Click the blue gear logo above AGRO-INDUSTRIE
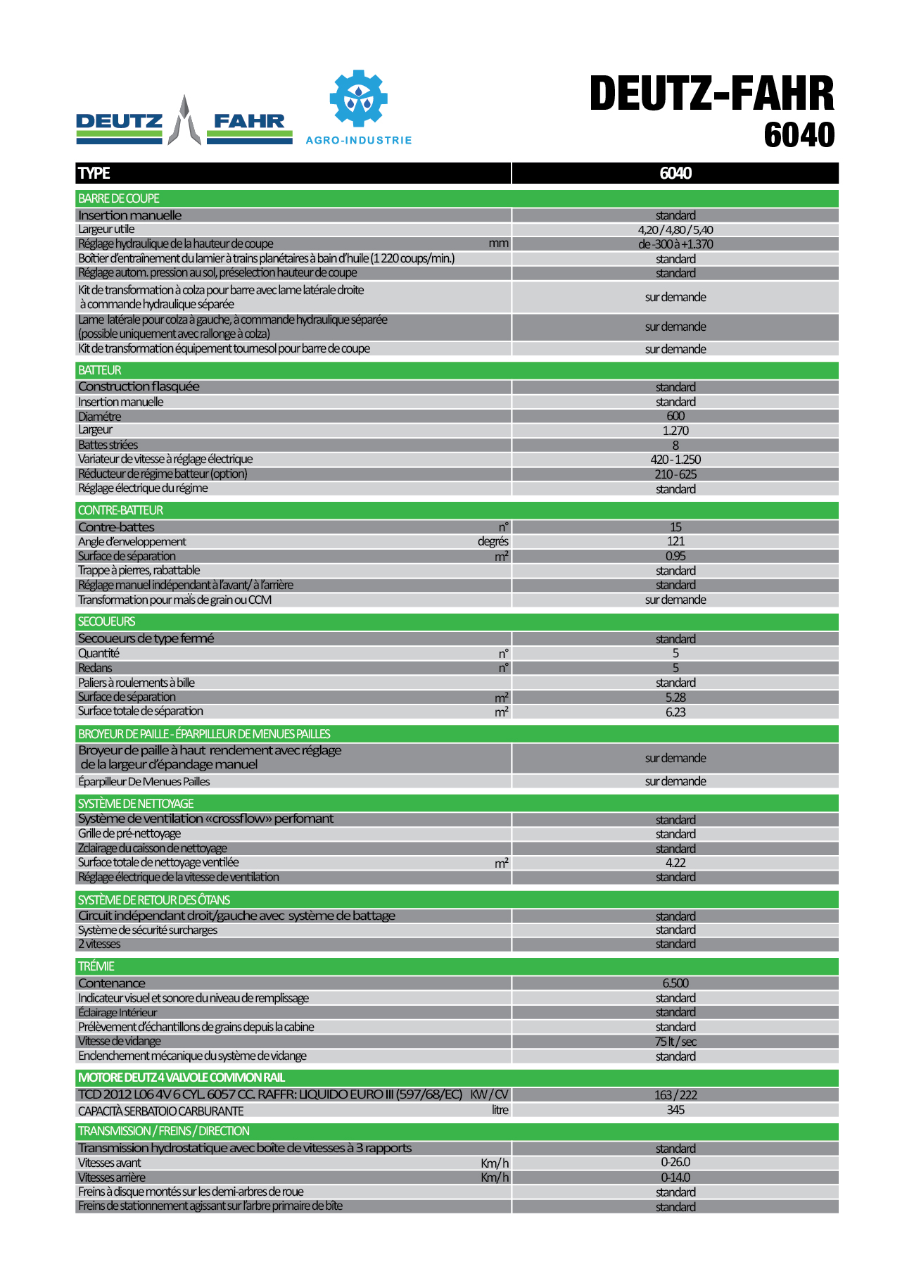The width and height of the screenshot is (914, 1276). click(x=358, y=99)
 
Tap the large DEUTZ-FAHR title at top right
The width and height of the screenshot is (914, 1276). click(x=711, y=94)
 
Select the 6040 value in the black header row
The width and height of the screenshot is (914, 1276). click(x=675, y=173)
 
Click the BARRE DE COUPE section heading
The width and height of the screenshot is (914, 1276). click(x=119, y=198)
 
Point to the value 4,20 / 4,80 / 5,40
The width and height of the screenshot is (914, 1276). click(x=675, y=229)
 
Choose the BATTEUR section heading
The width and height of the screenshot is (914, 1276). click(x=100, y=370)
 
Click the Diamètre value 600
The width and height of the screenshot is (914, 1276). click(x=675, y=416)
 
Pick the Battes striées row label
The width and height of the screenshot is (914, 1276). click(x=108, y=445)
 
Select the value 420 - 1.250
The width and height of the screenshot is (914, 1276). click(x=675, y=460)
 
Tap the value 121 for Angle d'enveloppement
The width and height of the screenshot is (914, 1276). click(x=675, y=541)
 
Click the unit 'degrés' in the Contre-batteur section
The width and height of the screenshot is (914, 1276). click(x=493, y=541)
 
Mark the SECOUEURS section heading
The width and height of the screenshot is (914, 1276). click(x=106, y=621)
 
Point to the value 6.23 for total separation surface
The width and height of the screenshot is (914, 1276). click(x=675, y=712)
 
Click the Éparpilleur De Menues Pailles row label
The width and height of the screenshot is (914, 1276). click(x=144, y=781)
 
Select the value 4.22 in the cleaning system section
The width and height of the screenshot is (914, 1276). click(x=675, y=863)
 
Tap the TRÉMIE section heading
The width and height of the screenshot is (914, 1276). click(x=96, y=966)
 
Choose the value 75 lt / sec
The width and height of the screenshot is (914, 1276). click(x=675, y=1042)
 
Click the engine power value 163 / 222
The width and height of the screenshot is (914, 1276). click(x=675, y=1095)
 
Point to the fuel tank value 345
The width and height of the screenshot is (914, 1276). click(x=675, y=1110)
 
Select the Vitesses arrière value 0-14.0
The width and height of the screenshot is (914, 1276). click(x=675, y=1177)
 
